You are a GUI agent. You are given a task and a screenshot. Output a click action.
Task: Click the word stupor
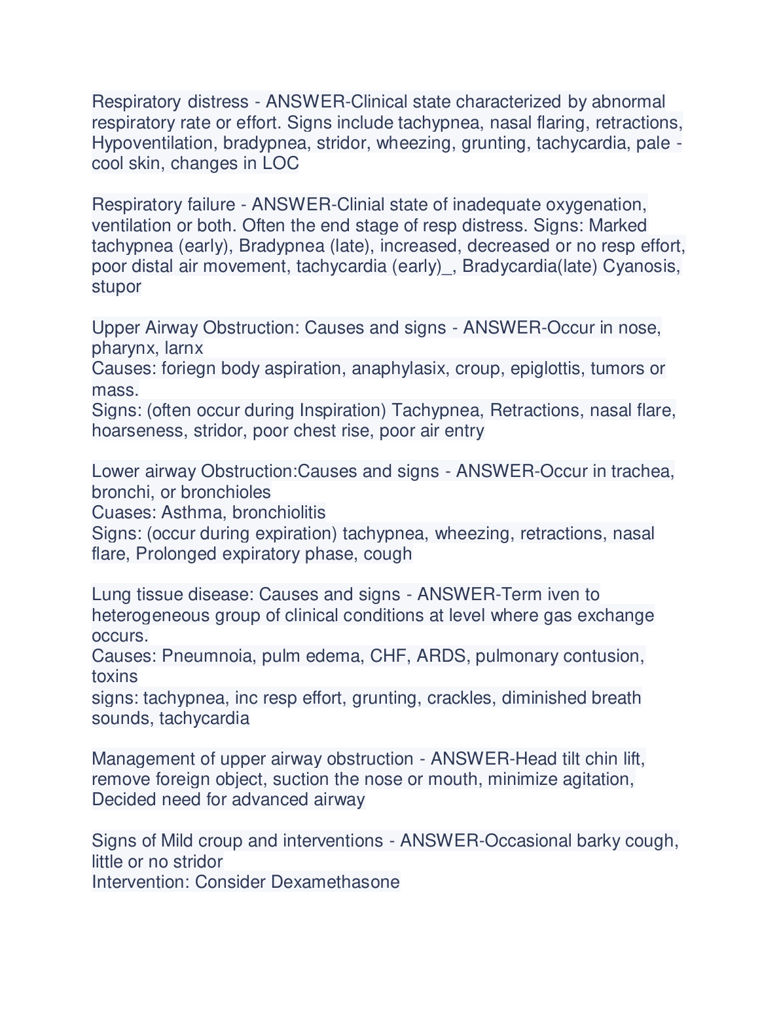pyautogui.click(x=117, y=287)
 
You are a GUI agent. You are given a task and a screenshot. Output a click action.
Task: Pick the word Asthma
pyautogui.click(x=194, y=512)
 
